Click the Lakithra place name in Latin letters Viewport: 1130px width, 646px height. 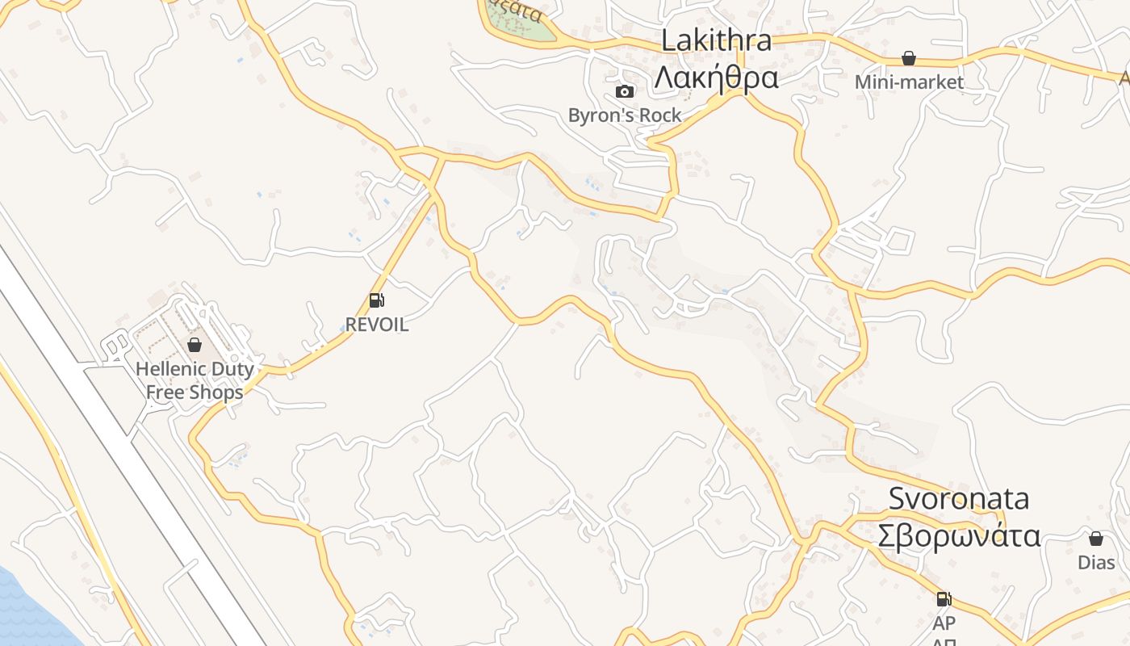click(716, 40)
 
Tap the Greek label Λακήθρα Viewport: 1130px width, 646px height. click(716, 78)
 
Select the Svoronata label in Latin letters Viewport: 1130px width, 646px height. click(959, 498)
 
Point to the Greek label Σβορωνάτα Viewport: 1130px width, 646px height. click(959, 535)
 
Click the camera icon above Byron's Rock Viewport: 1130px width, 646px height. click(625, 91)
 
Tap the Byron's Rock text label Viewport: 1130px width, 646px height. click(625, 115)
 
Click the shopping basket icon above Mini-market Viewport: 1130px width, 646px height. click(909, 58)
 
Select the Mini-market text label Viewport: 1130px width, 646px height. click(909, 82)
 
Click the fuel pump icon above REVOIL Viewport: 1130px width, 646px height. click(376, 300)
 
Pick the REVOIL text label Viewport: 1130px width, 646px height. click(377, 324)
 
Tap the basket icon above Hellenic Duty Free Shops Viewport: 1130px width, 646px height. click(195, 345)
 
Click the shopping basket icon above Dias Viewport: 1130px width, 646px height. click(1096, 539)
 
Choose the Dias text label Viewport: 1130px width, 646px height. click(1096, 562)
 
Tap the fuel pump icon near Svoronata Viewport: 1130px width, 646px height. click(944, 599)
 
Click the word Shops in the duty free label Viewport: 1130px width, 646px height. click(216, 392)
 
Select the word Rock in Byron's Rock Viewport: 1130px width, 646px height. click(660, 115)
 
